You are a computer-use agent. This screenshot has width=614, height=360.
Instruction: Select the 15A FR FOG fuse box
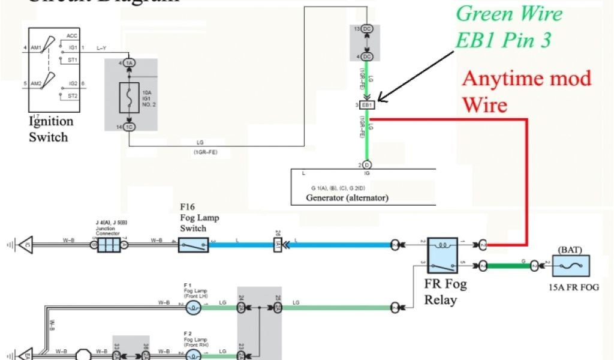click(x=570, y=265)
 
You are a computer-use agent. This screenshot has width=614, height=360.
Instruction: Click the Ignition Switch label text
click(x=51, y=128)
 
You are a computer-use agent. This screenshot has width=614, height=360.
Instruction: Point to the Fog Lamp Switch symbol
click(x=193, y=245)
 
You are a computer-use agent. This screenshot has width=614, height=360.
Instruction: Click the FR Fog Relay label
click(x=445, y=292)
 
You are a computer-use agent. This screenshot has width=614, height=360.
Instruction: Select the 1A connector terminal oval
click(x=130, y=63)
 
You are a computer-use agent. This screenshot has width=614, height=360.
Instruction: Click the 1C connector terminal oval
click(x=130, y=127)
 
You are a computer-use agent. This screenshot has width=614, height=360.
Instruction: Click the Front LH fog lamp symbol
click(x=193, y=308)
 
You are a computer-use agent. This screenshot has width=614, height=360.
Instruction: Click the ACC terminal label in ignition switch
click(x=72, y=36)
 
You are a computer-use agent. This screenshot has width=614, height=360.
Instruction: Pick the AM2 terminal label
click(x=37, y=84)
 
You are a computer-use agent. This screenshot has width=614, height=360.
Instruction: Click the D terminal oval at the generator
click(x=366, y=164)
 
